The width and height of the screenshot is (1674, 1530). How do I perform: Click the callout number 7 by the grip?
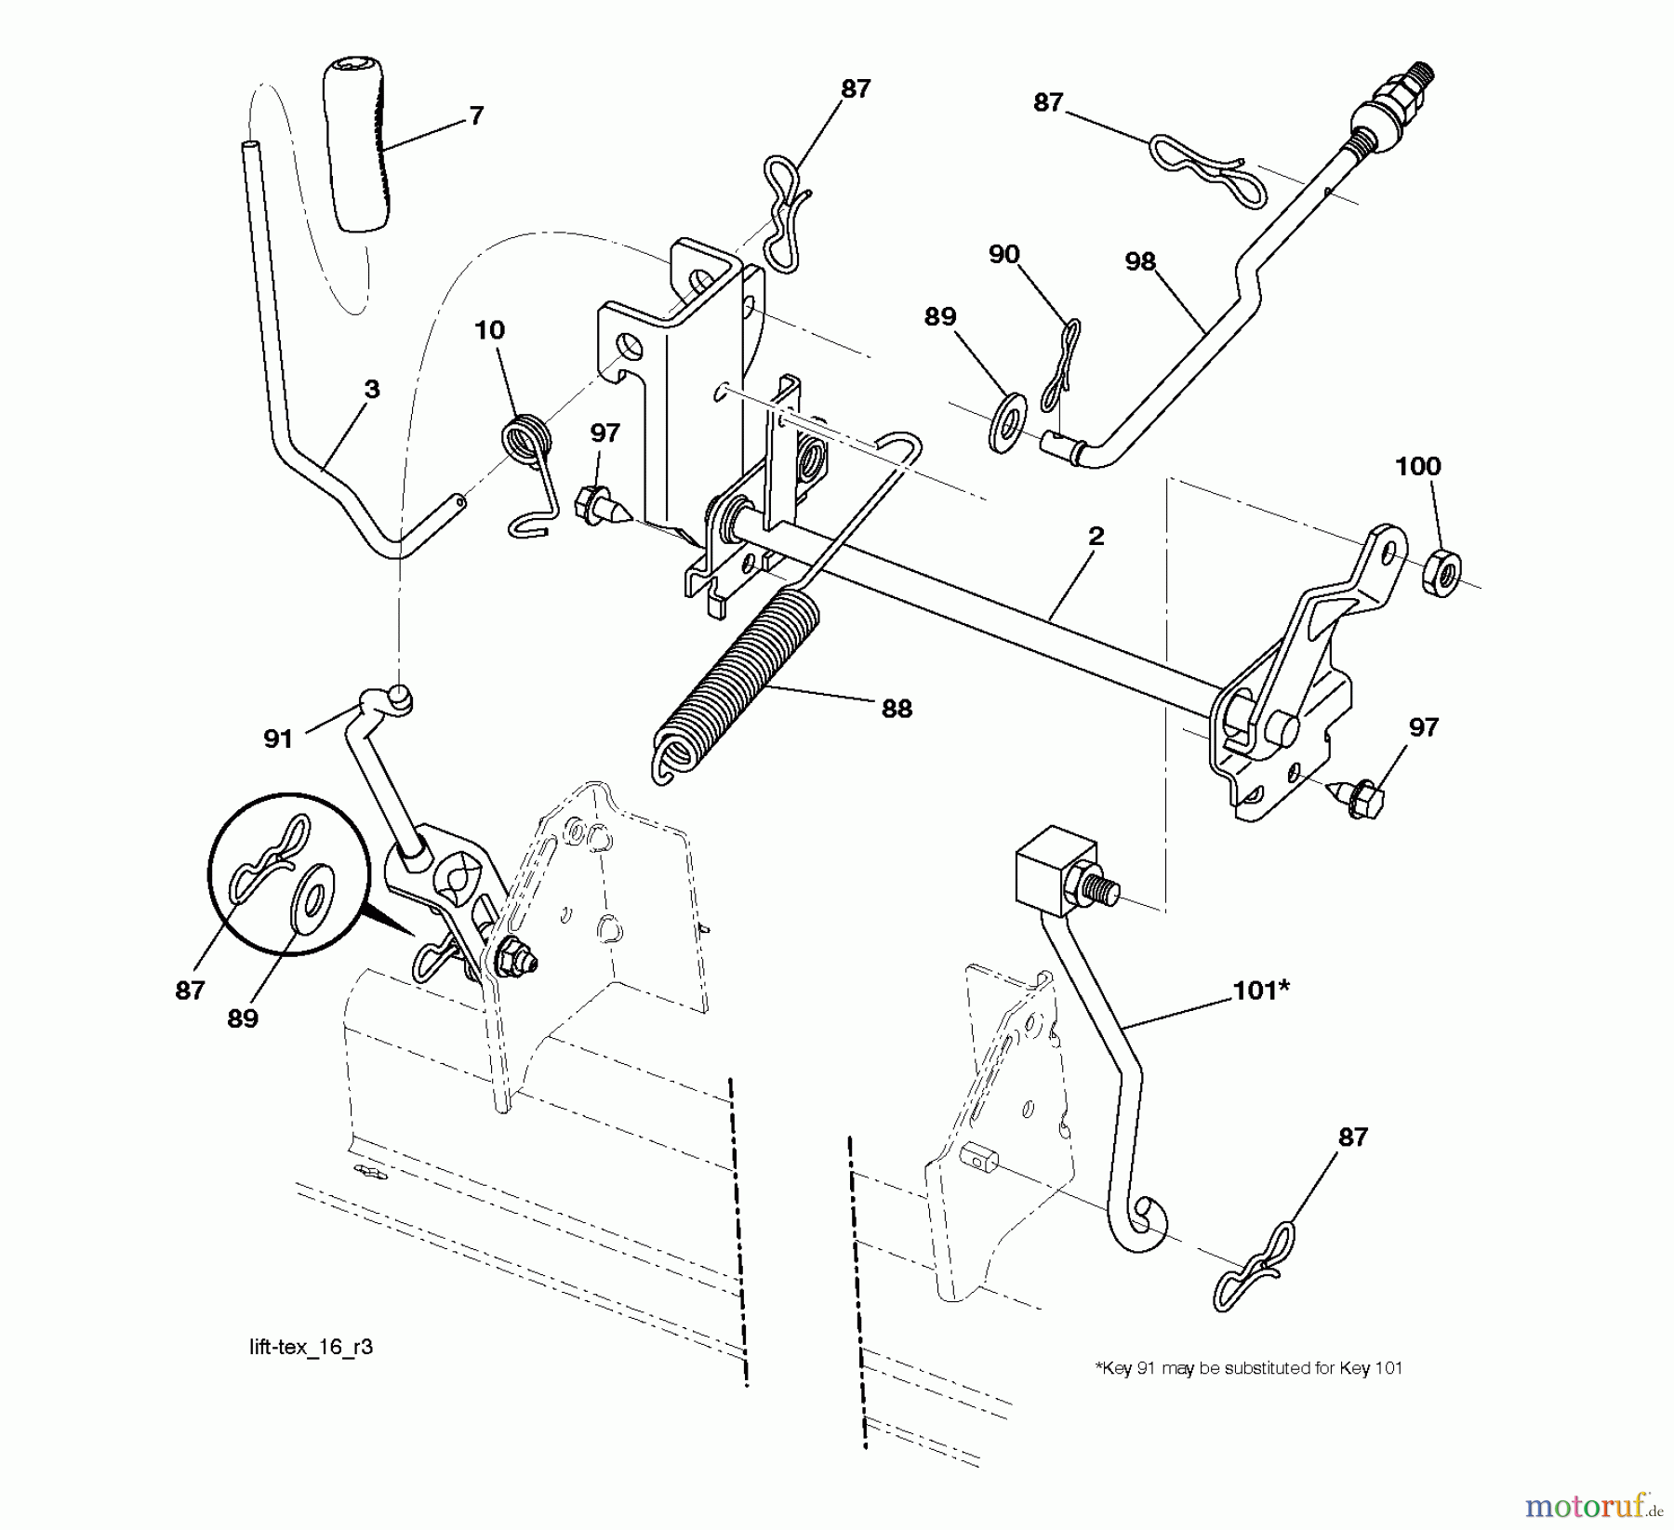click(x=475, y=115)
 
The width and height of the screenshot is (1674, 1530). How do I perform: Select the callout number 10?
click(x=489, y=330)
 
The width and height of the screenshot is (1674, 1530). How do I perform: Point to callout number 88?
click(x=896, y=708)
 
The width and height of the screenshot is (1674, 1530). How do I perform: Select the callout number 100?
click(x=1417, y=466)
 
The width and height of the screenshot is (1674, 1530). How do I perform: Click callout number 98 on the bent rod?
click(x=1139, y=262)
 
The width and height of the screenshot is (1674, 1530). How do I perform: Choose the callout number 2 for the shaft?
click(x=1096, y=536)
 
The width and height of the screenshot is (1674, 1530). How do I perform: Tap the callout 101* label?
click(x=1260, y=991)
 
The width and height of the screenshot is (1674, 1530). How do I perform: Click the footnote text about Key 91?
click(x=1248, y=1368)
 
